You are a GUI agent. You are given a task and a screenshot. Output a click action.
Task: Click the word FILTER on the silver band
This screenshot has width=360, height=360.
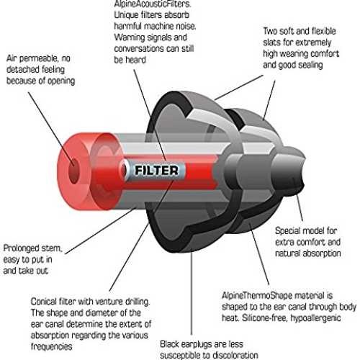tap(156, 170)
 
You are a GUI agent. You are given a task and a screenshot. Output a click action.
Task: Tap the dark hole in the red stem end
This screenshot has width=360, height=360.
tap(74, 171)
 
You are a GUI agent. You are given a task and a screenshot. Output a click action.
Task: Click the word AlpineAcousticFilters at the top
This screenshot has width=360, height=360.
tap(153, 4)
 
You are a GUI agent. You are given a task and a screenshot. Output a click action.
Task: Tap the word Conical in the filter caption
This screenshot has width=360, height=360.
tap(44, 302)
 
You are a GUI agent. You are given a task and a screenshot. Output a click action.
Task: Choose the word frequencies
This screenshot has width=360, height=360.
tap(51, 346)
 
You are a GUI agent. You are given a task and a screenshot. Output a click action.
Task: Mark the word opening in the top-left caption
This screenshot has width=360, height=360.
tap(61, 81)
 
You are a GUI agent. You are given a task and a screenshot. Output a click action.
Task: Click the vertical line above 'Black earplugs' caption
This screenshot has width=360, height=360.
tap(192, 293)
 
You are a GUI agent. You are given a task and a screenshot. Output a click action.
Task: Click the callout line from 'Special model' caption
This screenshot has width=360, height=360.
tap(300, 207)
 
